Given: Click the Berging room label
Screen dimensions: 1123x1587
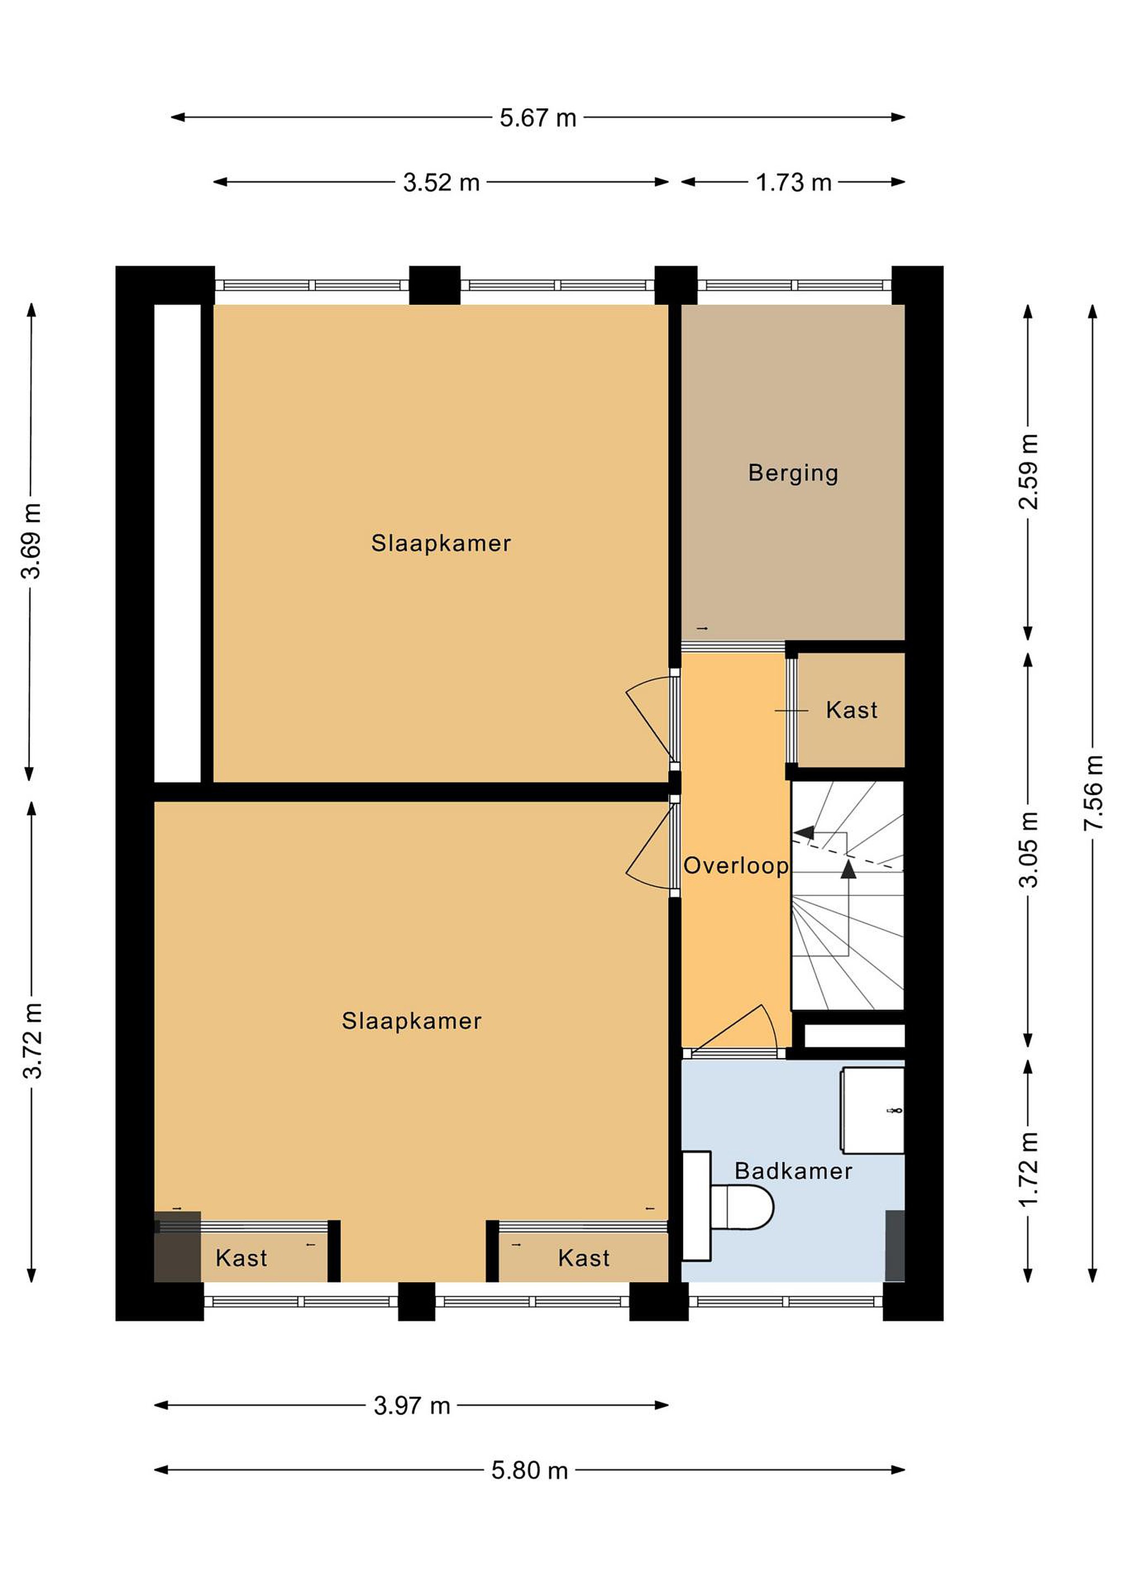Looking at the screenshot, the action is point(793,473).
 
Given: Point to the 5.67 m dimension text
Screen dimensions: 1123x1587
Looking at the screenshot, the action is point(538,117).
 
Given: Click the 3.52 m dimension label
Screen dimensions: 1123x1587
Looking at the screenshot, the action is point(441,182).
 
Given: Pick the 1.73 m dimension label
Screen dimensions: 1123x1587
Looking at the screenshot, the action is point(793,182).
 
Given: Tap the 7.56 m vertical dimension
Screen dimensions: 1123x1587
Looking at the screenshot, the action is point(1093,793).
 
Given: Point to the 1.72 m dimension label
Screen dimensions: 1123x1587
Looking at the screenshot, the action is point(1028,1169).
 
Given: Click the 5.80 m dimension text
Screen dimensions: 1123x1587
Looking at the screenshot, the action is point(530,1470).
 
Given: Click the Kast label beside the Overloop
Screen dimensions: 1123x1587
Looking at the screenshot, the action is point(852,710).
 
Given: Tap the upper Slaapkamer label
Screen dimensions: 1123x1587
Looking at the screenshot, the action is point(441,543).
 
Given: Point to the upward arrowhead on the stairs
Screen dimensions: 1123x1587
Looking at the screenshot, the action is point(848,869).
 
